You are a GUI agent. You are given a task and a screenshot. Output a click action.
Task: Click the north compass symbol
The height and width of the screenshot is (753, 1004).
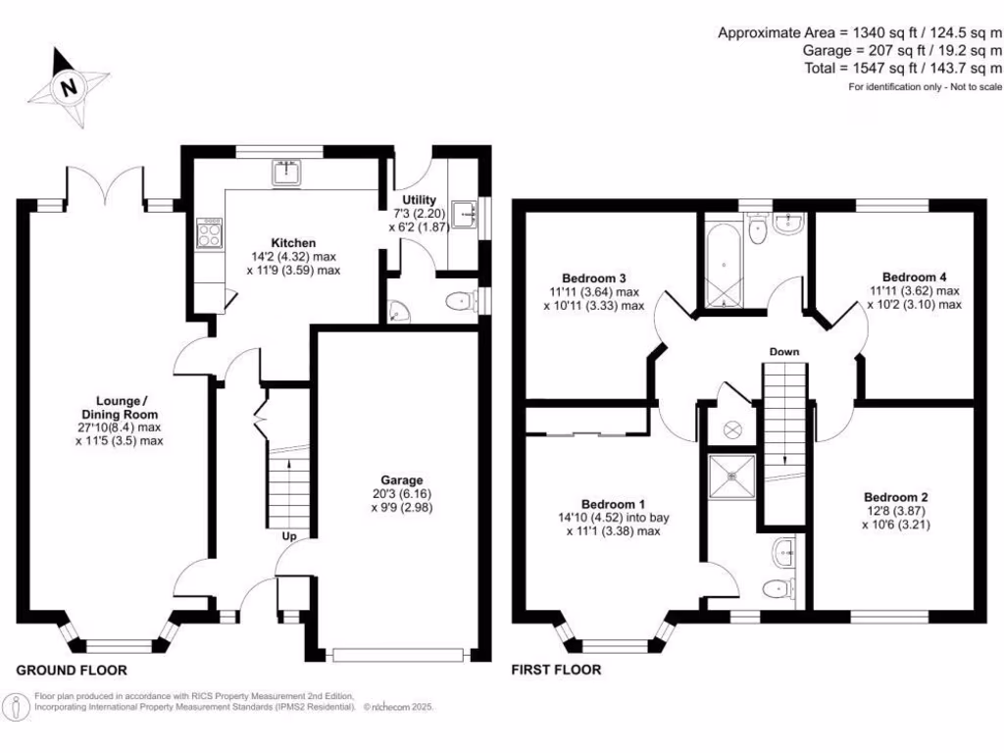[x=68, y=87]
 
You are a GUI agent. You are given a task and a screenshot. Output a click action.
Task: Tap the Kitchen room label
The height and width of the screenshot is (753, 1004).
[x=293, y=242]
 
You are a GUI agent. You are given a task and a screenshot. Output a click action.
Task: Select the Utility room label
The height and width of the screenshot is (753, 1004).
[x=419, y=200]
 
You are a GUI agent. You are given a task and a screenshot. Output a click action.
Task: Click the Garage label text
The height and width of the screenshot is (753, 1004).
[x=402, y=480]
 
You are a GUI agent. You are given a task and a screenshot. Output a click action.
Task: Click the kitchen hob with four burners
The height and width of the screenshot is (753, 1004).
[x=210, y=233]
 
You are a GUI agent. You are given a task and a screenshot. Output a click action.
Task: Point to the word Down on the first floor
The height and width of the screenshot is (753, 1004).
[x=783, y=352]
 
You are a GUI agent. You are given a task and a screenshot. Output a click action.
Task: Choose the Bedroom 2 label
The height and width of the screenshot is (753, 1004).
[x=896, y=495]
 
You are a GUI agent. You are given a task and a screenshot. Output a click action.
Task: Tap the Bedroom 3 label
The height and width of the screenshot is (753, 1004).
[x=594, y=277]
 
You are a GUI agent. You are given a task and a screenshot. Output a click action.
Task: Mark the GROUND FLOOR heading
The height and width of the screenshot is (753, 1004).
[x=72, y=671]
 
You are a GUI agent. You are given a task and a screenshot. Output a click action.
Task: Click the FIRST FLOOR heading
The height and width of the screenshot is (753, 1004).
[x=556, y=671]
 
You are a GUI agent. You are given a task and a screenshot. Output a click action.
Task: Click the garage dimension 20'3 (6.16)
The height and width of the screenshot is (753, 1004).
[x=402, y=494]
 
